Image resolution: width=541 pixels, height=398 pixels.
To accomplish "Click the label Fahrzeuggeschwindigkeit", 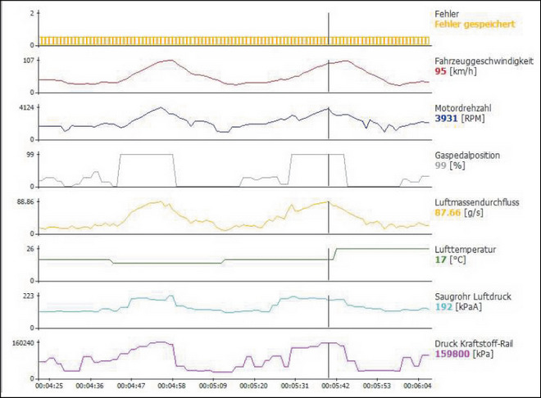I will (x=484, y=61).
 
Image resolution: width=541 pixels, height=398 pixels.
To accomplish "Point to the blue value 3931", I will (x=447, y=119).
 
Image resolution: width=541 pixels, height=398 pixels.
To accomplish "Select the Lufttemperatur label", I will (x=464, y=249).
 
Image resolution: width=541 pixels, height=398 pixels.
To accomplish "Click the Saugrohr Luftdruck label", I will (x=473, y=296).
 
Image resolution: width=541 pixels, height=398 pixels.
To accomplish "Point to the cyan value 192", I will (x=443, y=307).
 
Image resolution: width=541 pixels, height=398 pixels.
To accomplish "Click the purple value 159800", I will (x=452, y=355).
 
